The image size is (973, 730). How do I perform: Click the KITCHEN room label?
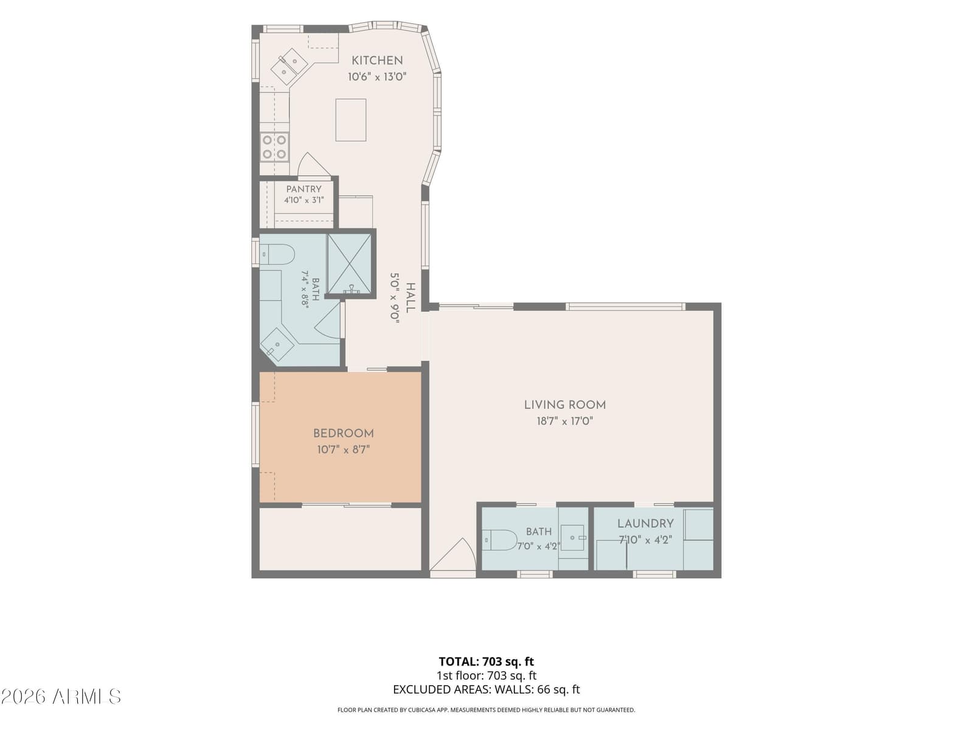point(377,60)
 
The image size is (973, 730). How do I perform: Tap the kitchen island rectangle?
point(351,120)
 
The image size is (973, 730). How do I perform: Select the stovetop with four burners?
point(274,146)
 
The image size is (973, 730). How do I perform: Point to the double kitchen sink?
point(289,66)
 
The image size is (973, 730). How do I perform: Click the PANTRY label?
point(303,189)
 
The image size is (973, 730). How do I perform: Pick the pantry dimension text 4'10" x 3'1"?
point(303,200)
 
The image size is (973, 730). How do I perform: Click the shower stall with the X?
point(349,264)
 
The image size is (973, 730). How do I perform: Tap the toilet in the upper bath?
point(277,255)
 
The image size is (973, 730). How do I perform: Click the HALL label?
point(410,298)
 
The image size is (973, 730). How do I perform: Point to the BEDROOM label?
point(343,434)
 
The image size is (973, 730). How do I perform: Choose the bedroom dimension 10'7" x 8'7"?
point(343,450)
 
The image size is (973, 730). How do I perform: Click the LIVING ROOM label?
point(565,405)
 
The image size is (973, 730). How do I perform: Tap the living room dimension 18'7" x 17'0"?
point(565,421)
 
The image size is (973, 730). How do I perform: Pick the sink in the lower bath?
point(573,538)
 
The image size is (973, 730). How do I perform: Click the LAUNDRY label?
point(645,523)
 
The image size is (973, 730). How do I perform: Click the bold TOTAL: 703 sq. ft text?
point(486,662)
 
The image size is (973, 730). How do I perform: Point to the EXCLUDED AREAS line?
point(486,689)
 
